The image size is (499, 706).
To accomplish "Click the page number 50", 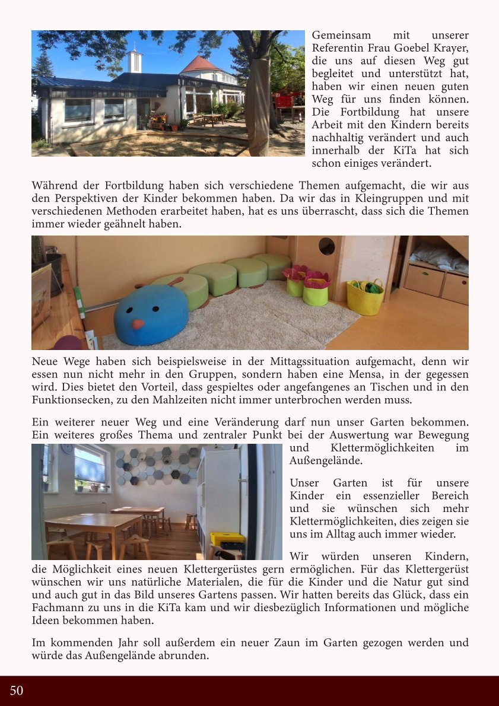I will [x=17, y=691].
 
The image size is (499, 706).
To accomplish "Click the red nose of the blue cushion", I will [x=138, y=324].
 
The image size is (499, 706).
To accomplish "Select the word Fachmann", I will [x=61, y=608].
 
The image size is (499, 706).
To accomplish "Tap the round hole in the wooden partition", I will [x=326, y=245].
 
